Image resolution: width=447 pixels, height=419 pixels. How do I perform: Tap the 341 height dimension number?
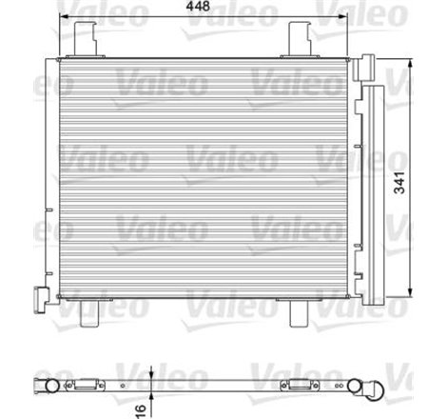click(x=420, y=177)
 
